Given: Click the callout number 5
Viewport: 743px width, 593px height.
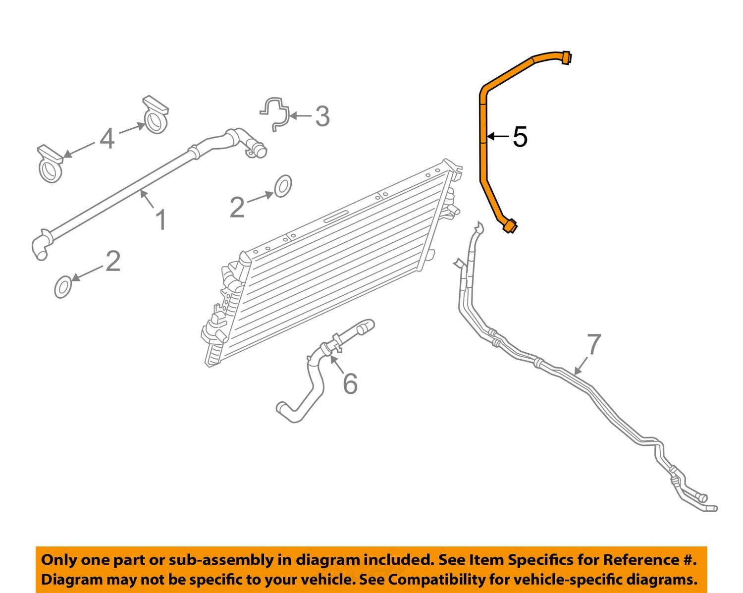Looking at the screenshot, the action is (x=520, y=137).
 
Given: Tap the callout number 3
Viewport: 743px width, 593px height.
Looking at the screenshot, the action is (x=322, y=116).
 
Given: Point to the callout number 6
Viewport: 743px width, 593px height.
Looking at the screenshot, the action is (x=350, y=384).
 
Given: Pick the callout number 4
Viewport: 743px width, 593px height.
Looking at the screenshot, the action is (x=107, y=138).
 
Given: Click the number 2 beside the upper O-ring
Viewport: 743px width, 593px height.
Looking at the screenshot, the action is (x=237, y=207).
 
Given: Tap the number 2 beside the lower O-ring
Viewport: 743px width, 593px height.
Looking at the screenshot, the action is (x=113, y=261).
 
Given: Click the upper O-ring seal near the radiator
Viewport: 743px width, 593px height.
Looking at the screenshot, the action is (x=282, y=186).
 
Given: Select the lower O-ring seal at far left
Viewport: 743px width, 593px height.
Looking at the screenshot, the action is (x=63, y=287).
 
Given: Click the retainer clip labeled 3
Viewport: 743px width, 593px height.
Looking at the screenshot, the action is (x=274, y=113).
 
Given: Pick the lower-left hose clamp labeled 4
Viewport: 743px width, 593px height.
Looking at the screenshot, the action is (x=50, y=165).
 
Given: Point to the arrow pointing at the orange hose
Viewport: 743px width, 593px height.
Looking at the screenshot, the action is (x=497, y=136).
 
